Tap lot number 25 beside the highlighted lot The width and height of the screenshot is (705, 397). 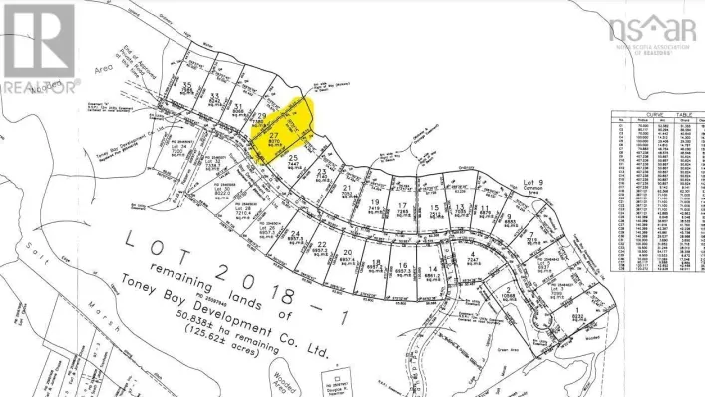click(293, 158)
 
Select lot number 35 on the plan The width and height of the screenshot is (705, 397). click(186, 86)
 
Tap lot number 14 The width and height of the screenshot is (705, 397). click(433, 269)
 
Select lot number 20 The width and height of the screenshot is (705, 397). click(348, 253)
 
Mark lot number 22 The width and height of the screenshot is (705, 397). click(322, 245)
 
